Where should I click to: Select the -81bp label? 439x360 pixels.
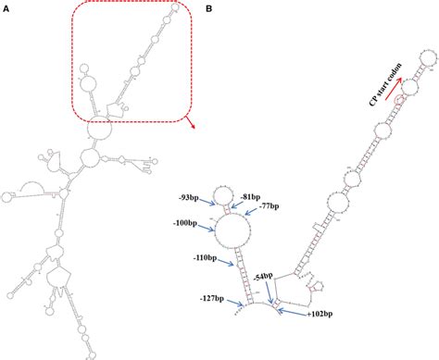coord(249,197)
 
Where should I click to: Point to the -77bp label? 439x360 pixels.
coord(270,205)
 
